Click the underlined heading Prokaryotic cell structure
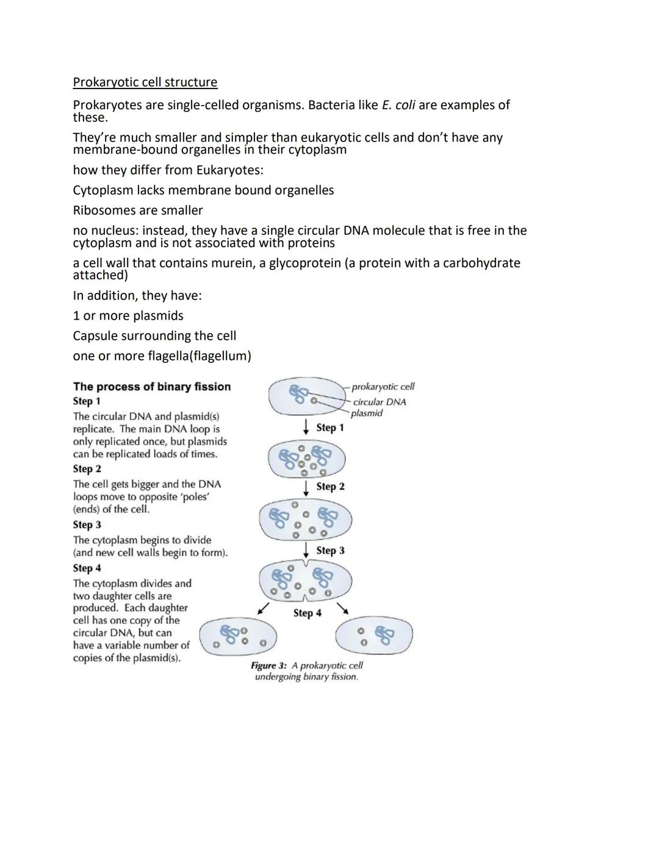[x=145, y=82]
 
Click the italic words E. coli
[x=398, y=105]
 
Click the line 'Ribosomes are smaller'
[x=137, y=210]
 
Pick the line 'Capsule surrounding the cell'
[x=154, y=336]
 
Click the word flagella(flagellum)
[x=199, y=356]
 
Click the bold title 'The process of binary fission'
[x=152, y=387]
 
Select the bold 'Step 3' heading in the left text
[x=87, y=524]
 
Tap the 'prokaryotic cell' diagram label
[x=383, y=387]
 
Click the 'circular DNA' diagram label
[x=379, y=402]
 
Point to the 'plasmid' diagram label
[x=367, y=413]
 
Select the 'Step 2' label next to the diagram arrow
[x=330, y=487]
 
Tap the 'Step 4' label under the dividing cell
[x=307, y=613]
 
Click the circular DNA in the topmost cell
[x=298, y=394]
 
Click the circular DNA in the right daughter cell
[x=384, y=635]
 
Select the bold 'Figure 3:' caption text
[x=268, y=665]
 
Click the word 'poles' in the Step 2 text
[x=196, y=496]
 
